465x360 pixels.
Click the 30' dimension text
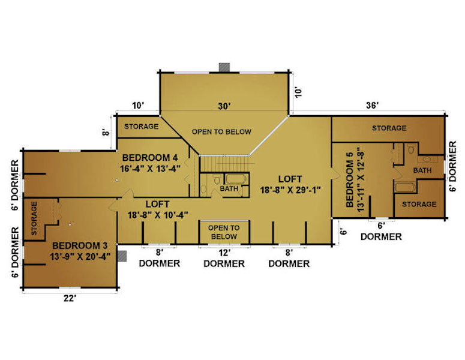point(224,106)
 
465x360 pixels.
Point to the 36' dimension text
point(372,106)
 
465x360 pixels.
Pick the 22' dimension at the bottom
point(70,298)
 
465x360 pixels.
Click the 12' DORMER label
point(224,259)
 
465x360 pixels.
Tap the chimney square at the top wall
point(224,67)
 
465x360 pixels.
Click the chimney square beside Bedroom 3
point(122,256)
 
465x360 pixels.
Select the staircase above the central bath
point(224,164)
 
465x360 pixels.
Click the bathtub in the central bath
point(236,179)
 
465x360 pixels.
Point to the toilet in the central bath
point(217,179)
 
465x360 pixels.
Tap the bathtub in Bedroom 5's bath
point(405,188)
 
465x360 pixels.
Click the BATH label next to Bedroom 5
point(422,170)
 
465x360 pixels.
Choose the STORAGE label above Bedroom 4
point(141,127)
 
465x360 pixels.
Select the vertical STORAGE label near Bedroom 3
point(34,218)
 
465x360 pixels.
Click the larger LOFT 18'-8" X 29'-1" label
point(290,184)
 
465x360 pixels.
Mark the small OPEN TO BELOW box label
point(224,232)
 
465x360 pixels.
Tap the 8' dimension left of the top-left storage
point(106,131)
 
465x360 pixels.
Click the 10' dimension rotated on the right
point(298,92)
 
